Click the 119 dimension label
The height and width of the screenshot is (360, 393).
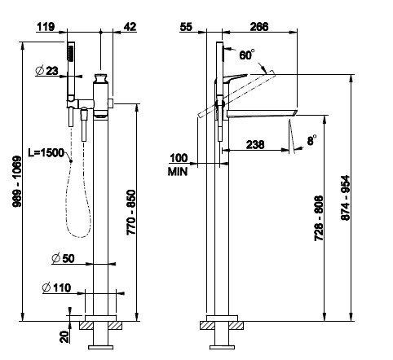point(46,27)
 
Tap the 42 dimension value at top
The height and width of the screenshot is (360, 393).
point(130,27)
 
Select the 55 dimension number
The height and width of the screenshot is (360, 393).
point(186,27)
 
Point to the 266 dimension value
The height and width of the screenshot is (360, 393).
point(259,27)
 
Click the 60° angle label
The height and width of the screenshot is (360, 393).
point(247,55)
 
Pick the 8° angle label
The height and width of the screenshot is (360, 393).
point(312,140)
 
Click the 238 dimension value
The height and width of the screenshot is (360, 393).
point(255,145)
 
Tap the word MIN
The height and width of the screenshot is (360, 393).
point(178,172)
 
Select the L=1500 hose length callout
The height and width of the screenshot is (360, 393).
point(46,153)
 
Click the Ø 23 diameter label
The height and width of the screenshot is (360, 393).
point(47,71)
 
